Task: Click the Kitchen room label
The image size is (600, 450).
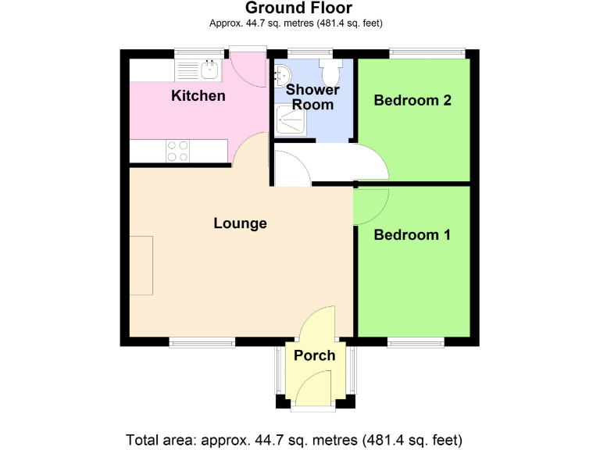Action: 198,96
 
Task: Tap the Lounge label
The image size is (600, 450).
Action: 240,223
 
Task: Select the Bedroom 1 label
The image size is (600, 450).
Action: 412,234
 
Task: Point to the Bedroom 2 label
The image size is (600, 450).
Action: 412,100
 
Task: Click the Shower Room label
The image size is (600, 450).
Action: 312,97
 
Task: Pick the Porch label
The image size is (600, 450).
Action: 314,355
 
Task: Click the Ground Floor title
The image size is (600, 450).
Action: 299,9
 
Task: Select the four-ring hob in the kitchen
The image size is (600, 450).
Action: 177,150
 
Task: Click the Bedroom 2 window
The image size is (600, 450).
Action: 427,54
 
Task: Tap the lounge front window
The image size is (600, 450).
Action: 202,341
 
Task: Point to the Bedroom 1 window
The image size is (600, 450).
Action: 416,341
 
